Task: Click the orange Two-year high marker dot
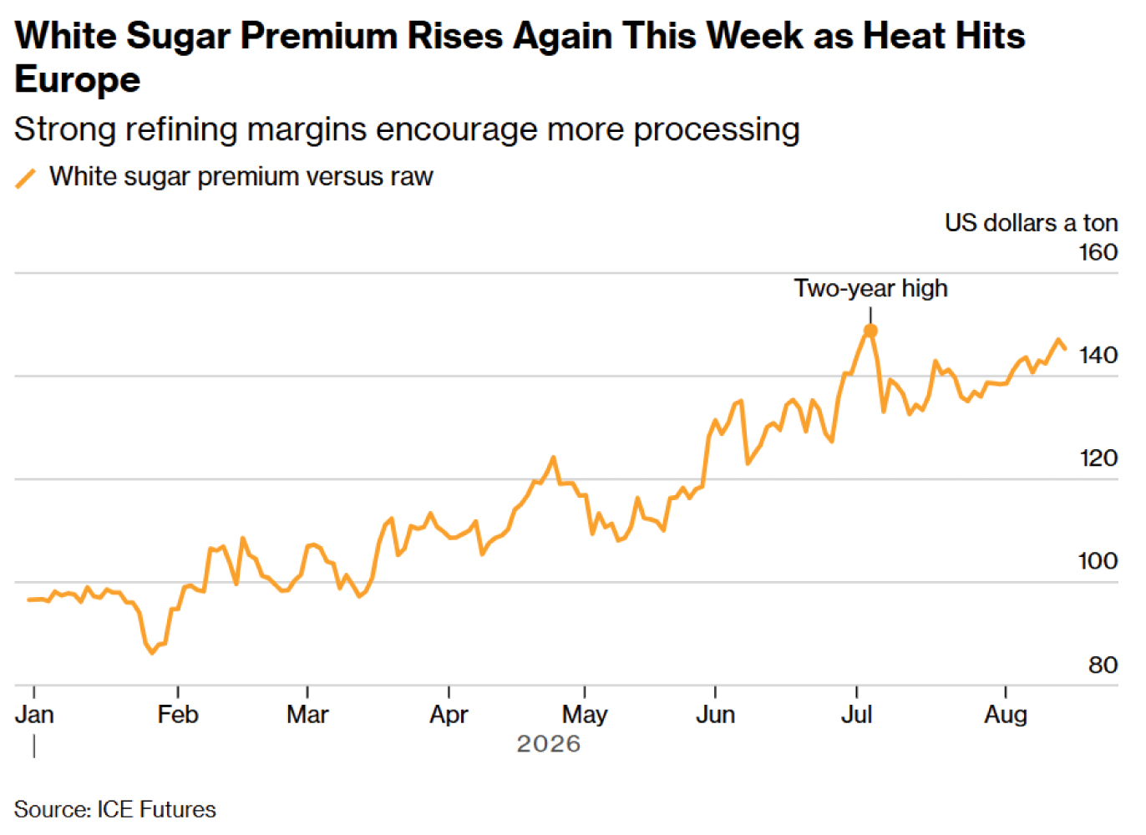pyautogui.click(x=870, y=331)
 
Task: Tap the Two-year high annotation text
pyautogui.click(x=870, y=288)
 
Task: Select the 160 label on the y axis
pyautogui.click(x=1098, y=253)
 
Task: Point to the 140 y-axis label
pyautogui.click(x=1098, y=356)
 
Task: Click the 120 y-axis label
pyautogui.click(x=1098, y=458)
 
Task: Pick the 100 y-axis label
pyautogui.click(x=1098, y=561)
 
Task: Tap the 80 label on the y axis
pyautogui.click(x=1103, y=665)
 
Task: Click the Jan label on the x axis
pyautogui.click(x=34, y=714)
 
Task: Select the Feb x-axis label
pyautogui.click(x=178, y=714)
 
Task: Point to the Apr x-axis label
pyautogui.click(x=449, y=716)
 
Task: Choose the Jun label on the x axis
pyautogui.click(x=715, y=714)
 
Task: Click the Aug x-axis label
pyautogui.click(x=1006, y=716)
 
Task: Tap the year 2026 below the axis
pyautogui.click(x=549, y=744)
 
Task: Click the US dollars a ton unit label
pyautogui.click(x=1032, y=223)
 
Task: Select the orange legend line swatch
pyautogui.click(x=26, y=179)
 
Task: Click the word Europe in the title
pyautogui.click(x=77, y=80)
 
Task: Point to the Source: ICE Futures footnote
pyautogui.click(x=115, y=809)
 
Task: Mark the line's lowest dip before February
pyautogui.click(x=151, y=652)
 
